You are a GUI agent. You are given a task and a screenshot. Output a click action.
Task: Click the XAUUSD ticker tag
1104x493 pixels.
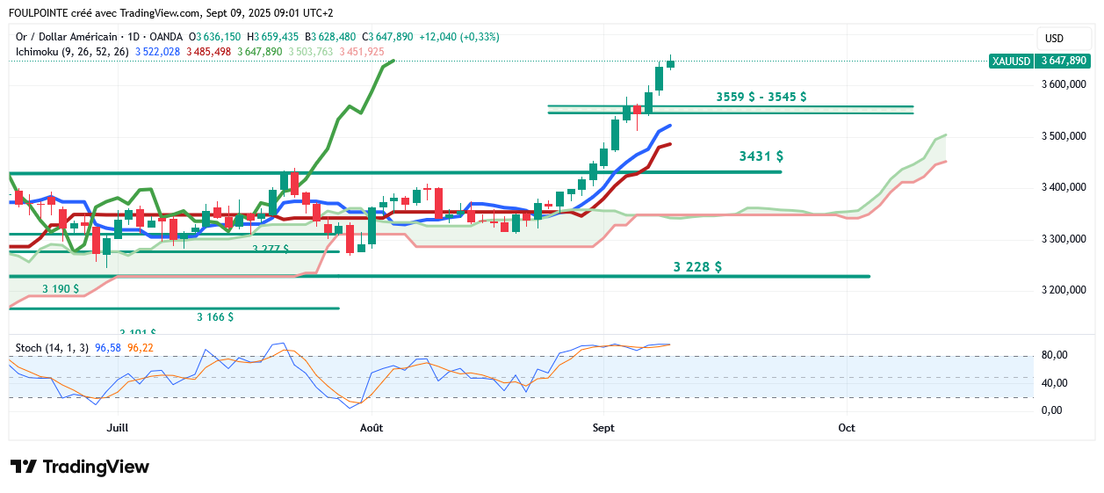click(1009, 61)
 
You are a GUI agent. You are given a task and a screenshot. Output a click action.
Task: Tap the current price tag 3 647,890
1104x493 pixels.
click(1064, 61)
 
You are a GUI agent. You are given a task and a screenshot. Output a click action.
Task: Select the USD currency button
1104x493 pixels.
click(1054, 38)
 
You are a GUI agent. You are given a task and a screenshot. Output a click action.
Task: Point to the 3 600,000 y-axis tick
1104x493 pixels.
click(1063, 84)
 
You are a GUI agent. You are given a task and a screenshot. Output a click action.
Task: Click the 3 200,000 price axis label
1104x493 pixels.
click(1063, 290)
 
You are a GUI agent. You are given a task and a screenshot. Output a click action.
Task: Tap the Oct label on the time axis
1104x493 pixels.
click(847, 428)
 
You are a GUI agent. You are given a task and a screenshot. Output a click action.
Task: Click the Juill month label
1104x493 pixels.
click(118, 428)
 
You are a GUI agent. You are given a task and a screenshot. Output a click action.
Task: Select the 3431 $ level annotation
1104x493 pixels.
click(761, 156)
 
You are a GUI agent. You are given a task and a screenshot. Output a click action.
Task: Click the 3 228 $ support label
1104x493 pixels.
click(697, 266)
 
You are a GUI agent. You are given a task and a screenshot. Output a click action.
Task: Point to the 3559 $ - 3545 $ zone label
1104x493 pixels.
click(761, 97)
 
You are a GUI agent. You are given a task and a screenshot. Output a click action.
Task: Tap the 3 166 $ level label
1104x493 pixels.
click(214, 316)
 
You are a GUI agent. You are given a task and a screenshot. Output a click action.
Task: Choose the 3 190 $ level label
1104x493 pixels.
click(61, 288)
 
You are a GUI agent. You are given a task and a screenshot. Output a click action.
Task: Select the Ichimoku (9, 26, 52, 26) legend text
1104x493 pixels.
click(72, 52)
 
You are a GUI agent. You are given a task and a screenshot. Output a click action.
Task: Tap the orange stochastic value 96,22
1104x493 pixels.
click(141, 348)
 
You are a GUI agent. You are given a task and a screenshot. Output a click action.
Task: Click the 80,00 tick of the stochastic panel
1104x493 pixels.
click(1055, 355)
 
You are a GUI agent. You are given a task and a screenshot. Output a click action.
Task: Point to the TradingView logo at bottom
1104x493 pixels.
click(80, 467)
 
